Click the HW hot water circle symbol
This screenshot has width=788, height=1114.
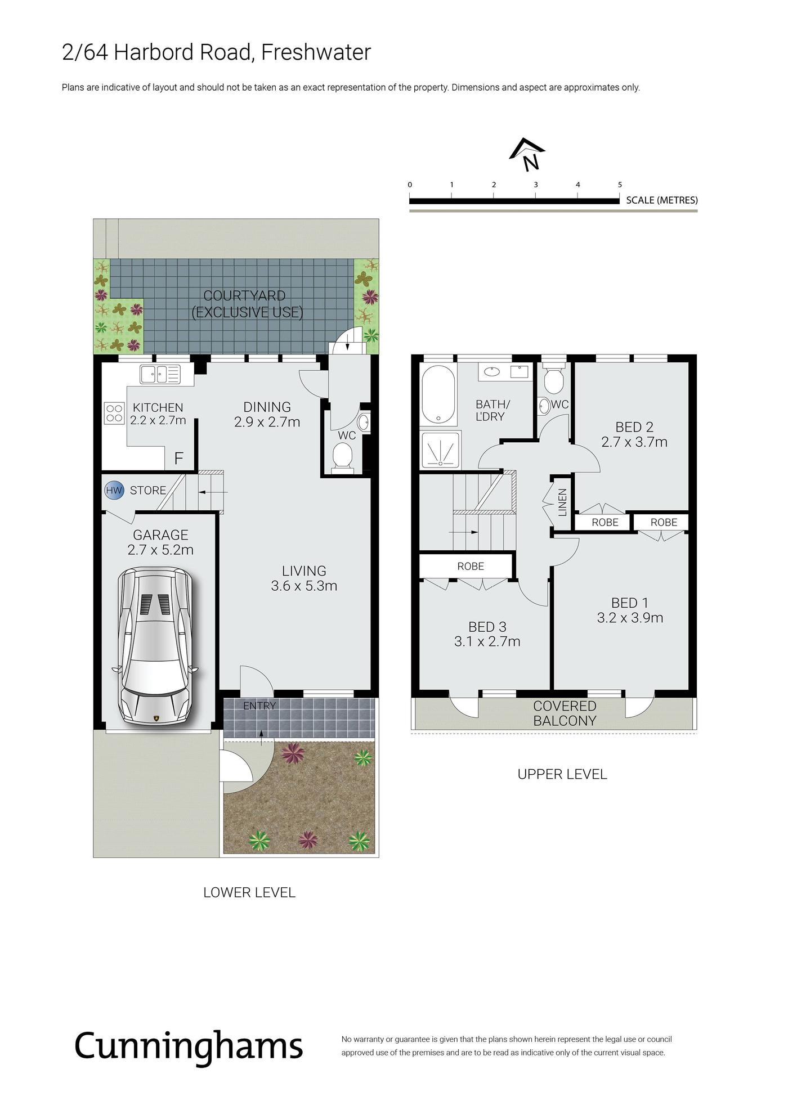point(114,490)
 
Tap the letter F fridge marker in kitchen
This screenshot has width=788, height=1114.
point(179,459)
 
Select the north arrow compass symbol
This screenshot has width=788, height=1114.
point(527,154)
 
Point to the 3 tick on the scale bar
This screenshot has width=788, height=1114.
point(536,195)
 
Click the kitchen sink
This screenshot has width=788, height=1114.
point(160,374)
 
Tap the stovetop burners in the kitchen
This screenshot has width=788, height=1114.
point(114,413)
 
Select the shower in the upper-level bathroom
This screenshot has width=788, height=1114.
point(441,450)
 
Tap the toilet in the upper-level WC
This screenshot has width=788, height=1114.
point(554,377)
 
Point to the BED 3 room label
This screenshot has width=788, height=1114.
point(487,627)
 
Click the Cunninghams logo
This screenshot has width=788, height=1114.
point(189,1046)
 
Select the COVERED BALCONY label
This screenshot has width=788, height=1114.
point(565,713)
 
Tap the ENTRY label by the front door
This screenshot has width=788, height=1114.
point(259,706)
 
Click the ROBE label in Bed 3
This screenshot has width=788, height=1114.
point(471,566)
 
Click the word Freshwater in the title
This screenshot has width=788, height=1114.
point(316,52)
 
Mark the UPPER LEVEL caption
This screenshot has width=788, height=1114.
point(562,774)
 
